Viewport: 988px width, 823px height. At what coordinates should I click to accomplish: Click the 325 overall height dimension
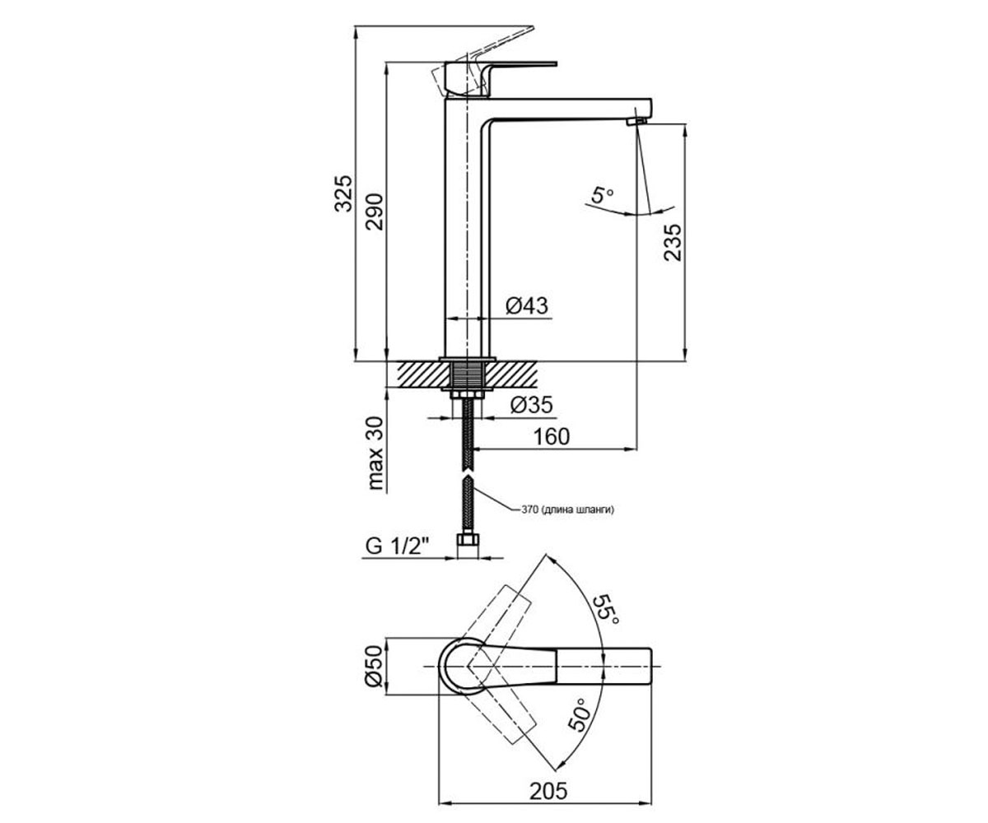coord(343,193)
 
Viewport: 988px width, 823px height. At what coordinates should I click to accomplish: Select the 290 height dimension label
coord(375,212)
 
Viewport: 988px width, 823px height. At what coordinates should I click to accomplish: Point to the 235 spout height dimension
coord(673,242)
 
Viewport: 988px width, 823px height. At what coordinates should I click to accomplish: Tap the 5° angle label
coord(601,194)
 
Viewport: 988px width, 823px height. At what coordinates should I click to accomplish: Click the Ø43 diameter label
coord(527,305)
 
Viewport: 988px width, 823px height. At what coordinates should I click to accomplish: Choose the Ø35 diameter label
coord(531,405)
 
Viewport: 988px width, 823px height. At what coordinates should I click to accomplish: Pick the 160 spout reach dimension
coord(552,436)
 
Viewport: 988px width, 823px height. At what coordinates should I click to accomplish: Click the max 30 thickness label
coord(375,453)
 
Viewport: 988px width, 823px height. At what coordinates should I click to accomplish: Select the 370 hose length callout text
coord(568,510)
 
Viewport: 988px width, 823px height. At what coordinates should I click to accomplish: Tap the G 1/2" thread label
coord(397,546)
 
